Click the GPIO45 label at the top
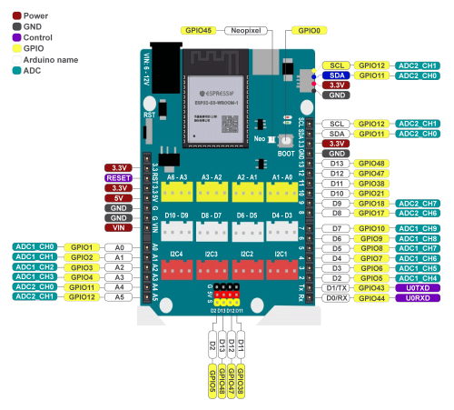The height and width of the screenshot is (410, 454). point(197,30)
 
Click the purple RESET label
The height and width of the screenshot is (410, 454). point(119,178)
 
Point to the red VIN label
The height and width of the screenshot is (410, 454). point(119,227)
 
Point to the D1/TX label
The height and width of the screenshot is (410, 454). point(336,287)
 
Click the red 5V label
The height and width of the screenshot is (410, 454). point(119,197)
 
